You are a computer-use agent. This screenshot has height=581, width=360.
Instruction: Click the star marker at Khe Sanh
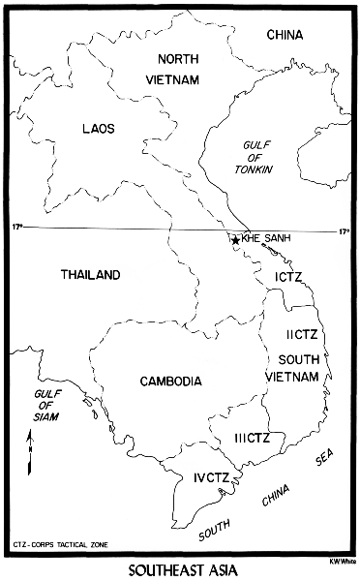pos(235,239)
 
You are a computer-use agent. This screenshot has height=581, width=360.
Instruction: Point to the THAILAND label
pos(91,275)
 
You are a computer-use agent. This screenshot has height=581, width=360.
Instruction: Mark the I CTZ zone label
pos(289,278)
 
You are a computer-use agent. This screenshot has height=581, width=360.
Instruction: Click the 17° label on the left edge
pos(16,227)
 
